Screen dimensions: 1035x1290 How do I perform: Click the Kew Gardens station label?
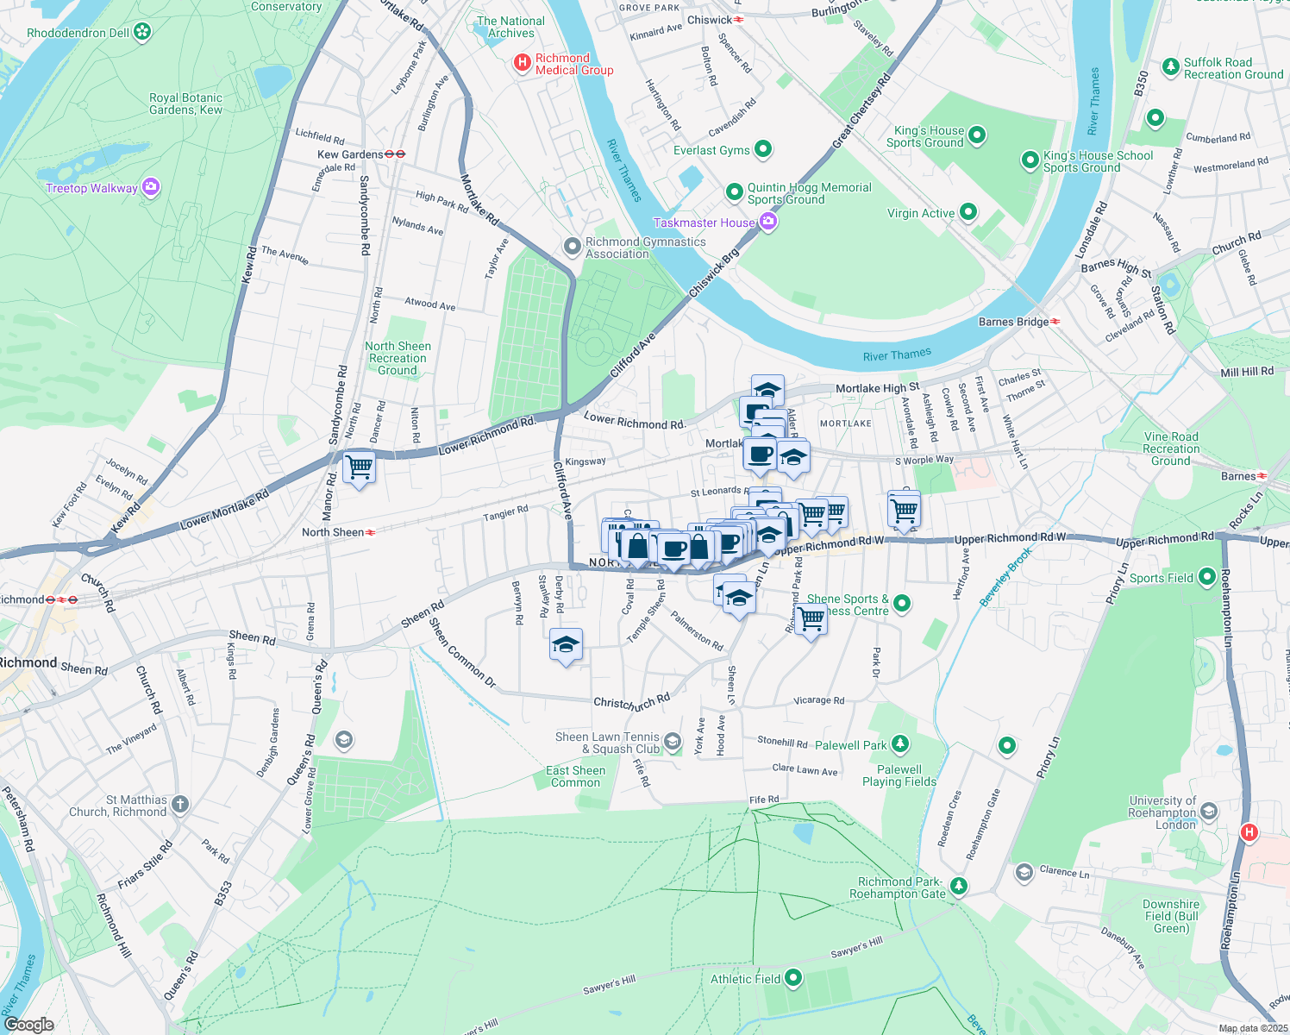tap(350, 154)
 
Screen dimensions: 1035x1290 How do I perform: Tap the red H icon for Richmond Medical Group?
tap(522, 63)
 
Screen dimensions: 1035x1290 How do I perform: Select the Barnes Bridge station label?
tap(1014, 322)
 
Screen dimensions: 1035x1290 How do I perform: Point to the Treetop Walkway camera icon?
tap(151, 187)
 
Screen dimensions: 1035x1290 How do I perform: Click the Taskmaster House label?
tap(704, 223)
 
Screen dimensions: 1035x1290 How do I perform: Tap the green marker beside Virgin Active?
tap(967, 212)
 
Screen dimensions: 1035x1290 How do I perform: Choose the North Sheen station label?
tap(333, 532)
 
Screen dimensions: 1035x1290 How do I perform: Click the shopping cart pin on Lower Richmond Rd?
tap(359, 467)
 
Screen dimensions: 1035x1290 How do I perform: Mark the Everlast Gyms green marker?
tap(763, 149)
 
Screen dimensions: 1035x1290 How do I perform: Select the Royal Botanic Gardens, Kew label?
tap(185, 103)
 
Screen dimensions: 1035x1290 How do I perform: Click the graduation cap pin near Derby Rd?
tap(566, 645)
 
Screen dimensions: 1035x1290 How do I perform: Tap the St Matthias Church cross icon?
tap(179, 805)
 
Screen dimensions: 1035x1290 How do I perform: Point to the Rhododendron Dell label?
tap(78, 33)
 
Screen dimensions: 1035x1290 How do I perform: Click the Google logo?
tap(29, 1024)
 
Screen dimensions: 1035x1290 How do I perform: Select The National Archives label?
tap(511, 27)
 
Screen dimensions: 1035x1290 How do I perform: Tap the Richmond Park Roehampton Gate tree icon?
tap(958, 886)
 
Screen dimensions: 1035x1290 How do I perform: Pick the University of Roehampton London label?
tap(1162, 812)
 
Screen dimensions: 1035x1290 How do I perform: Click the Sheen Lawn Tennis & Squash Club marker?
tap(673, 742)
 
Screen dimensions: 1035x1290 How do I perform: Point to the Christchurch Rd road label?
tap(632, 702)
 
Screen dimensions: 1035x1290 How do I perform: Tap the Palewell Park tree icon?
tap(899, 743)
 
